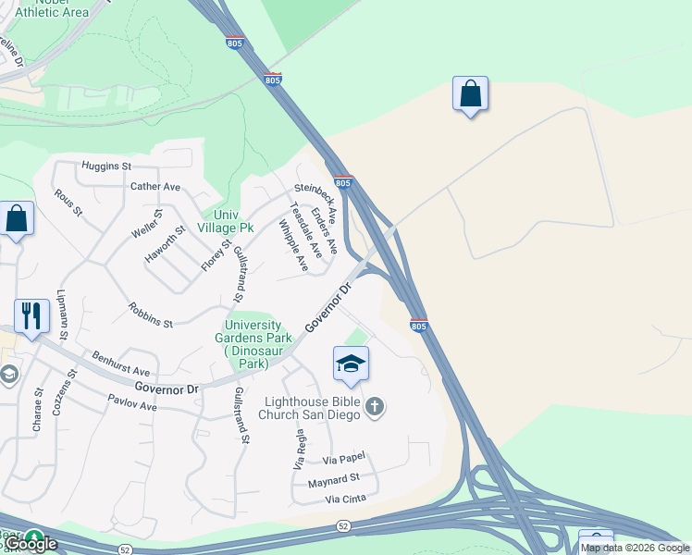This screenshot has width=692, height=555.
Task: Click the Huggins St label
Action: (106, 166)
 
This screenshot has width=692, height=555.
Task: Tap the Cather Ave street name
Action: (155, 186)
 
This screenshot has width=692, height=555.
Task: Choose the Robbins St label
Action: (151, 315)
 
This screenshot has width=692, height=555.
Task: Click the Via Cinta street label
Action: (345, 499)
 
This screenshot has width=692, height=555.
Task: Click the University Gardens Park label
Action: (253, 344)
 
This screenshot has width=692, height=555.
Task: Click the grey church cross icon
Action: (375, 407)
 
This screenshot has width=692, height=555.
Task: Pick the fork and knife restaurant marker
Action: (31, 315)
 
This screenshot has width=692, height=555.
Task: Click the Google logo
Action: (31, 544)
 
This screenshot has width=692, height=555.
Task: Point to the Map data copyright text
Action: (635, 548)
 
